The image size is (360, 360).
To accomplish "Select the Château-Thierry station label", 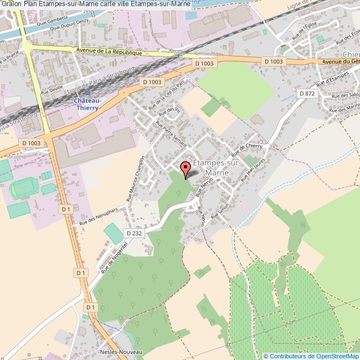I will coord(87,105).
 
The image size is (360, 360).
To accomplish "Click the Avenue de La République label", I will coord(109,51).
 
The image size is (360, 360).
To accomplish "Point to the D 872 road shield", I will coord(307,94).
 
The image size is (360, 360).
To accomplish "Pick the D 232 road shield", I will coord(137,233).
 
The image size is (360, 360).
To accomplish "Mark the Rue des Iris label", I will coord(174,113).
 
